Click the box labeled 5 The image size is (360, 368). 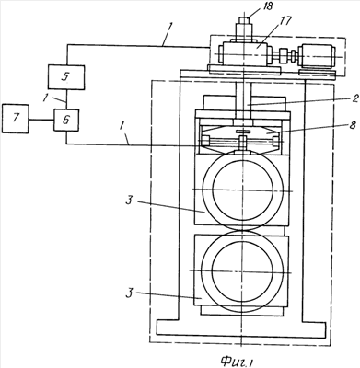coord(66,77)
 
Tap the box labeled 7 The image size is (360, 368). coord(16,119)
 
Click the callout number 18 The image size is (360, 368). coord(268,6)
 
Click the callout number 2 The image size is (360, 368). coord(354,98)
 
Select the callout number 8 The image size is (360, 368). coord(354,125)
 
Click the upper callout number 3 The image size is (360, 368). coord(129,201)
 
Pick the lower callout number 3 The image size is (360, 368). coord(129,293)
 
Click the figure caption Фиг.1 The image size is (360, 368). coord(237,362)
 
